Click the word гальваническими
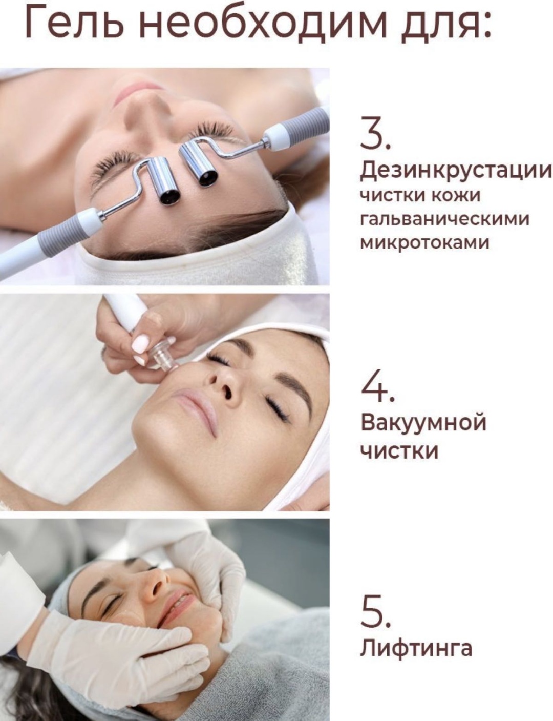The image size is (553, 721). pos(444,219)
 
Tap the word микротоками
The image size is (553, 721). pos(424,243)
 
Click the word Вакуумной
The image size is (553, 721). pos(423,423)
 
